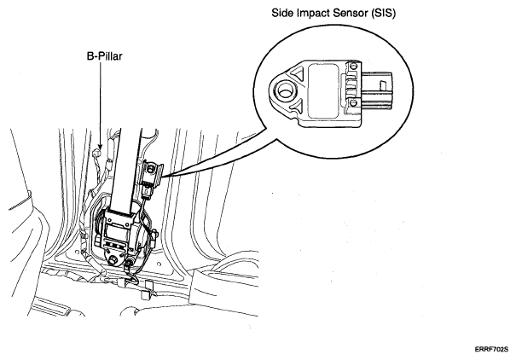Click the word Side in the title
283,13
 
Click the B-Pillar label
105,56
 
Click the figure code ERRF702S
491,350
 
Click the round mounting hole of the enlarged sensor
284,90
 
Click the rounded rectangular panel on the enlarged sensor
323,90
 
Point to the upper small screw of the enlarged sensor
353,66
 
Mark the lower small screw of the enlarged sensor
353,102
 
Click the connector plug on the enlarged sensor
378,90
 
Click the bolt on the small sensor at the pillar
151,169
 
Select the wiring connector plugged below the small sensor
147,192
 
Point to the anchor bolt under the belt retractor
114,260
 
